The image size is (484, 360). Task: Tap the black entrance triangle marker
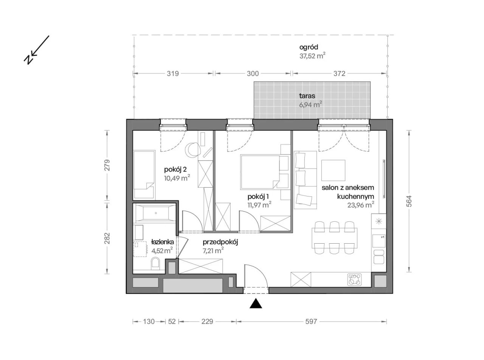pyautogui.click(x=256, y=304)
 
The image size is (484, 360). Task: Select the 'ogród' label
pyautogui.click(x=309, y=48)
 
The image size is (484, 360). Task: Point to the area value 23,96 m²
pyautogui.click(x=361, y=205)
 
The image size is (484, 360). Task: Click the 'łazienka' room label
pyautogui.click(x=162, y=241)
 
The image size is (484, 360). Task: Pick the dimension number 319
pyautogui.click(x=172, y=74)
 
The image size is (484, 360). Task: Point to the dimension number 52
pyautogui.click(x=172, y=321)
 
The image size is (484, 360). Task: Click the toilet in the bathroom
pyautogui.click(x=155, y=263)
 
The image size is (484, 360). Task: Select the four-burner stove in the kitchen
pyautogui.click(x=355, y=280)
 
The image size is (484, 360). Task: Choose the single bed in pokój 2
pyautogui.click(x=144, y=174)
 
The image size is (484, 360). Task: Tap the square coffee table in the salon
pyautogui.click(x=333, y=170)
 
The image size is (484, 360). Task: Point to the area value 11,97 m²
pyautogui.click(x=259, y=205)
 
